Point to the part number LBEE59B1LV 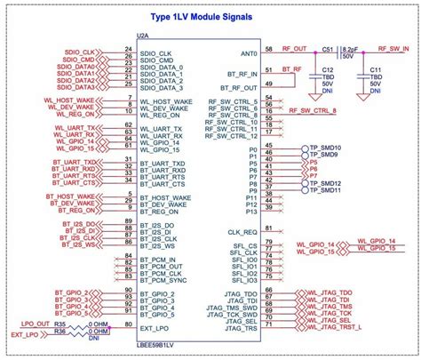click(x=163, y=345)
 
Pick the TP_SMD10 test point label click(x=325, y=148)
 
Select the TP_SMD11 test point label click(x=325, y=190)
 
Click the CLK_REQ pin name click(x=242, y=230)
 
